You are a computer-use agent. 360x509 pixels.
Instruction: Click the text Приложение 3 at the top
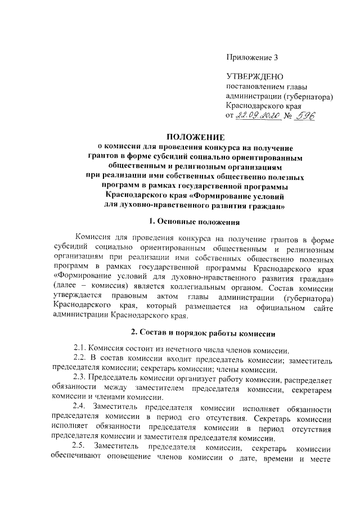point(251,57)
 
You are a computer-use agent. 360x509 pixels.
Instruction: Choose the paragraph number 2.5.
point(82,447)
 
